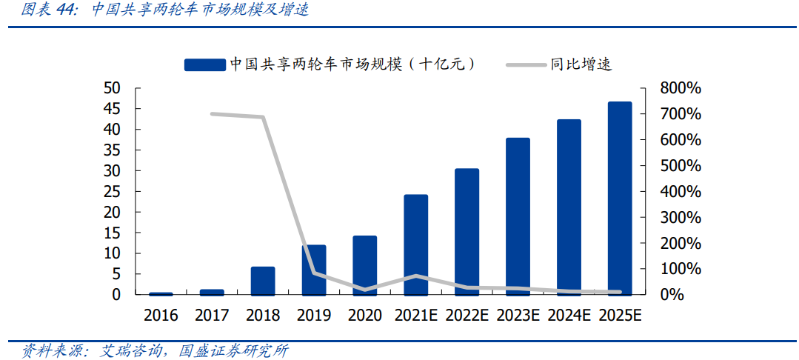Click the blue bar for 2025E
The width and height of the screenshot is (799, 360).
pos(620,198)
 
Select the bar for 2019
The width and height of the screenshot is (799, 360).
pos(314,270)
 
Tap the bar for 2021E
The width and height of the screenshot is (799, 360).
pos(416,244)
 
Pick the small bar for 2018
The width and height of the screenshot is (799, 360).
pos(263,281)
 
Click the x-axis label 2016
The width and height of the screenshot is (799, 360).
pos(161,316)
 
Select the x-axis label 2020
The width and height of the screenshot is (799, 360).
pos(364,316)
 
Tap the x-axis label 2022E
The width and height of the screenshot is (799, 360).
pos(467,316)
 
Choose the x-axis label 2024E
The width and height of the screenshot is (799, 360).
pos(569,316)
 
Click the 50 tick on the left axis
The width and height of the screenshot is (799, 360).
pos(111,88)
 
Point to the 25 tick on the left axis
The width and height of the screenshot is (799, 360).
pos(111,192)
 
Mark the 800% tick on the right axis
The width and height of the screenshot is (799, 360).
pos(680,88)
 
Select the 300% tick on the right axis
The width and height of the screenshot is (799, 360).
pos(680,218)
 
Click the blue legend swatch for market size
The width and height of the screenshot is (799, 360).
pos(205,64)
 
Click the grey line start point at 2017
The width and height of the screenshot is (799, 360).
pos(212,113)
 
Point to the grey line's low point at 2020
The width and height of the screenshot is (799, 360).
pos(364,290)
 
